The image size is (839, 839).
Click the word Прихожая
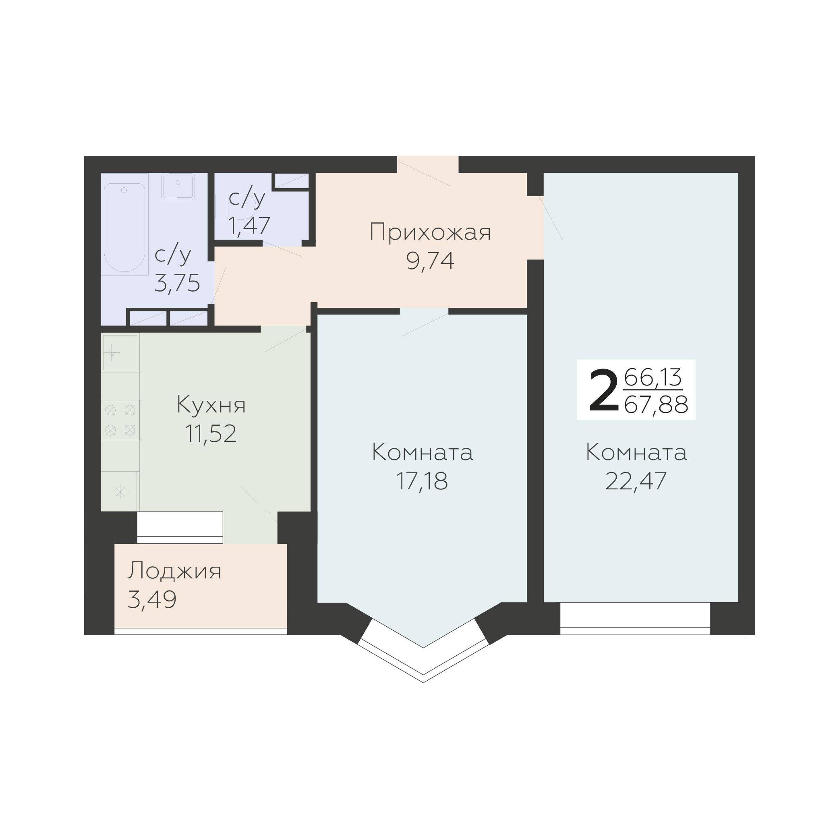pyautogui.click(x=430, y=232)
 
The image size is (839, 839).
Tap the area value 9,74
pyautogui.click(x=430, y=261)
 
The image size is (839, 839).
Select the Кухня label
pyautogui.click(x=211, y=405)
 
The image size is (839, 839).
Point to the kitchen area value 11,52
pyautogui.click(x=211, y=433)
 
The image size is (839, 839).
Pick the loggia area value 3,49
pyautogui.click(x=152, y=599)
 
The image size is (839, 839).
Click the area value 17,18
pyautogui.click(x=422, y=481)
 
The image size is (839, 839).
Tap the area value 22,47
pyautogui.click(x=636, y=481)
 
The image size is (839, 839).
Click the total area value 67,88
pyautogui.click(x=656, y=405)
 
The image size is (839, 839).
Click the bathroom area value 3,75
pyautogui.click(x=177, y=283)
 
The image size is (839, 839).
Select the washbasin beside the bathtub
pyautogui.click(x=178, y=186)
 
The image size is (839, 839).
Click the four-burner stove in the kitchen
pyautogui.click(x=120, y=420)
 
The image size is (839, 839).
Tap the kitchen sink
pyautogui.click(x=120, y=352)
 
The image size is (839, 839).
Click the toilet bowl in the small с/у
pyautogui.click(x=230, y=206)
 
